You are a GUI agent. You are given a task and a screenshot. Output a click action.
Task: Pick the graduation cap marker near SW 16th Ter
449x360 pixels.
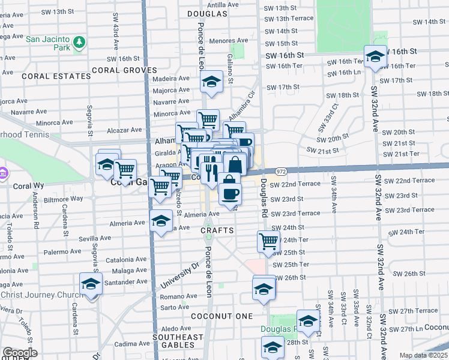click(x=376, y=57)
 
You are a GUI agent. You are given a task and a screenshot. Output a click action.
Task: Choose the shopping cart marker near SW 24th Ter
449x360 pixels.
click(x=268, y=241)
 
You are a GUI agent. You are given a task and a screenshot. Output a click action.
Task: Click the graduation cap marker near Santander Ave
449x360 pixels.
click(x=91, y=283)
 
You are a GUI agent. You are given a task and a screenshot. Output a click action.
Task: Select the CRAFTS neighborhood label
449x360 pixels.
click(x=216, y=230)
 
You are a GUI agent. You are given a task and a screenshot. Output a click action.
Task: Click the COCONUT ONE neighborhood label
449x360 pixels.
click(x=220, y=316)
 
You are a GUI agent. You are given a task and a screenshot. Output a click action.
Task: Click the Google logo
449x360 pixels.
click(x=20, y=353)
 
